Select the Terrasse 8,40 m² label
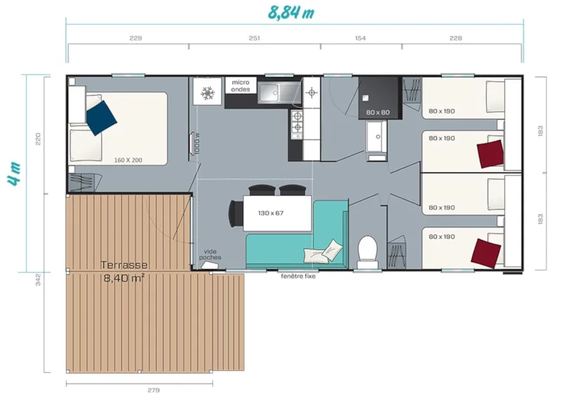pos(124,271)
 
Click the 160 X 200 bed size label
pos(128,161)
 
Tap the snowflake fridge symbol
pos(208,93)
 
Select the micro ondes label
pos(241,86)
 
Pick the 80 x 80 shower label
pos(377,112)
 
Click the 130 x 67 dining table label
pos(270,212)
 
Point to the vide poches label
pos(210,254)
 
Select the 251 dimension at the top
pos(254,39)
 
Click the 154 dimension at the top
pos(360,39)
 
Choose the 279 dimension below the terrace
pos(154,390)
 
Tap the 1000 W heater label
pos(197,144)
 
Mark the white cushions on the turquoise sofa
pos(322,249)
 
